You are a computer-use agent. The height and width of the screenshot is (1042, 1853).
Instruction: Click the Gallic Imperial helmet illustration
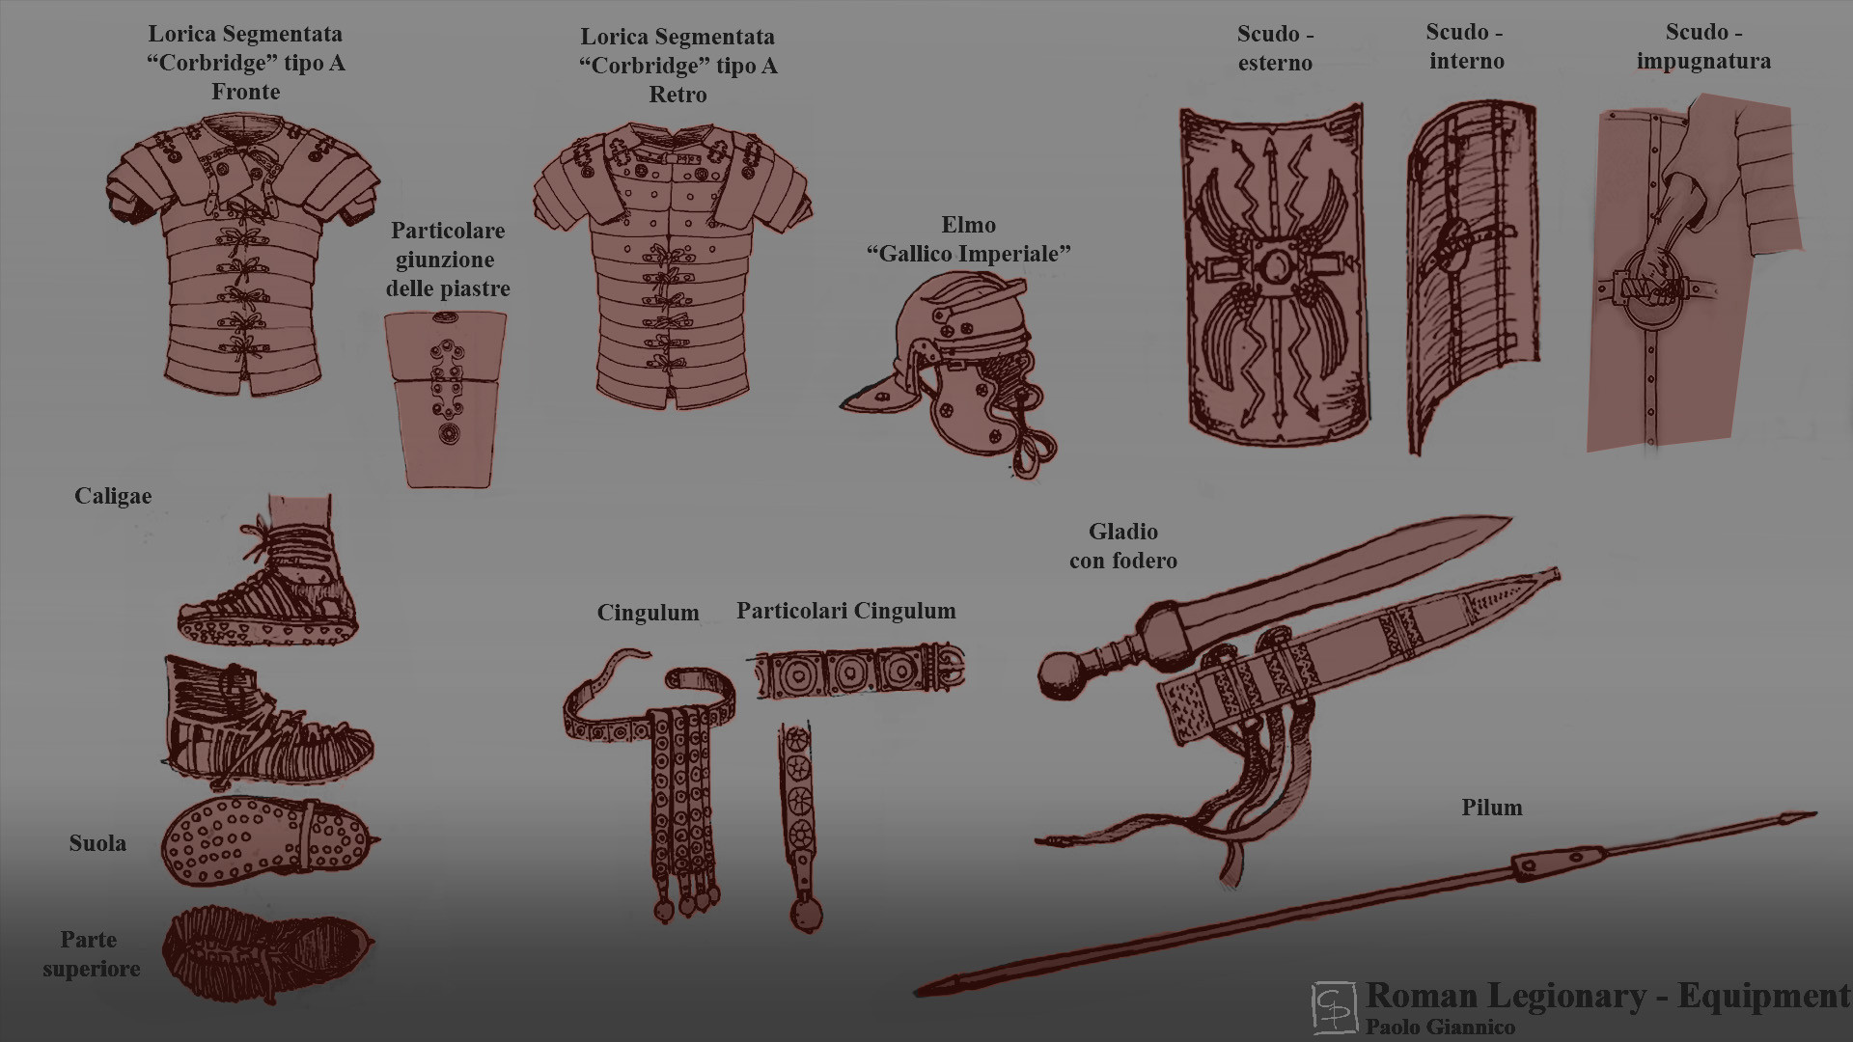(951, 371)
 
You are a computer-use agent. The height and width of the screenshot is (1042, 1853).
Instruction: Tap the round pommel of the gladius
(1064, 674)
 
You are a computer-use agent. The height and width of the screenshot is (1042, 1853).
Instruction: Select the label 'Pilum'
(1492, 808)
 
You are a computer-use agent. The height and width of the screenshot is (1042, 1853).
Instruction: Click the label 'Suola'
(97, 843)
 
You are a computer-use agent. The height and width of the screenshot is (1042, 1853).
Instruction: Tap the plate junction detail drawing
(446, 398)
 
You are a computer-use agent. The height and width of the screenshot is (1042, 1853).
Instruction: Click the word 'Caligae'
(113, 497)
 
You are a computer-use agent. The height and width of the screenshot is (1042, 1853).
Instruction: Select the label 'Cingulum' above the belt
(648, 613)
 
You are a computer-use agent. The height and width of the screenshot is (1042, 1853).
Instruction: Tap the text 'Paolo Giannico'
(1440, 1028)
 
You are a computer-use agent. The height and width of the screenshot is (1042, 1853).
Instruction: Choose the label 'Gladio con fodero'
(1123, 546)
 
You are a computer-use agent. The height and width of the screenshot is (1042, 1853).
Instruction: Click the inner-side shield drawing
(1471, 275)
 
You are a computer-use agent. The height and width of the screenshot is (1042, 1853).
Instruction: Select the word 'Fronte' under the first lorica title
(246, 93)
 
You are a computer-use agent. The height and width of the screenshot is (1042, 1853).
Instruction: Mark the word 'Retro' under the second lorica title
(678, 96)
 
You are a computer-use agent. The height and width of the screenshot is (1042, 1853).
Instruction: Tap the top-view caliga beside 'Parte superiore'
(267, 953)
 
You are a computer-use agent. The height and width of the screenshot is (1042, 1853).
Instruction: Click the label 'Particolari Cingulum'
(846, 611)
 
